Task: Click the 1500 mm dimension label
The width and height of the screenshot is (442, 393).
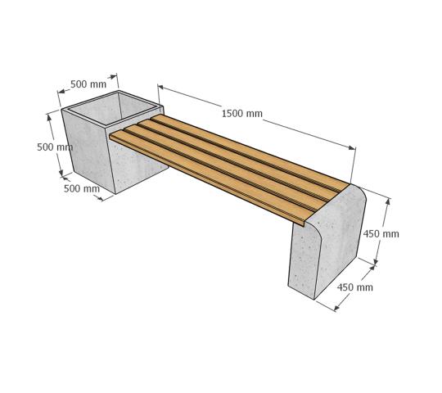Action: pyautogui.click(x=242, y=114)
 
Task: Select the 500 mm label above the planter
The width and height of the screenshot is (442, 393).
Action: pyautogui.click(x=88, y=84)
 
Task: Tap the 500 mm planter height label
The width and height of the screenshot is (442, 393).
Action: pyautogui.click(x=55, y=147)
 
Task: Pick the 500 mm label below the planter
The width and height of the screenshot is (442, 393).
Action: pyautogui.click(x=82, y=188)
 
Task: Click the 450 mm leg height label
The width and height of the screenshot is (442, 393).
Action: pyautogui.click(x=381, y=233)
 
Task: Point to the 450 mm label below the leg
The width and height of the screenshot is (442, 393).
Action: pyautogui.click(x=355, y=287)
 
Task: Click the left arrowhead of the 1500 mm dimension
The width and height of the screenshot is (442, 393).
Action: pyautogui.click(x=160, y=87)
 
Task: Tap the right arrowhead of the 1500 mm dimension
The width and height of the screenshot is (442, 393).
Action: pyautogui.click(x=352, y=147)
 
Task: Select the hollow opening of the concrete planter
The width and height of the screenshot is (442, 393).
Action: pyautogui.click(x=113, y=109)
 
